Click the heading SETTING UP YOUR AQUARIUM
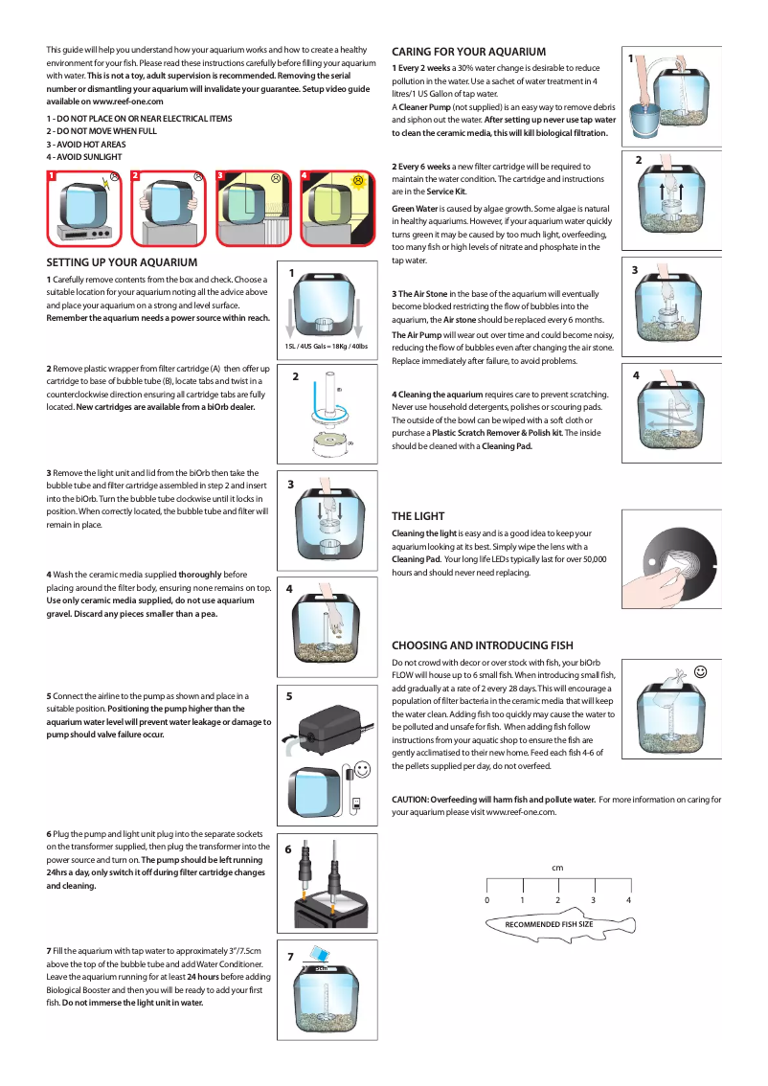[122, 261]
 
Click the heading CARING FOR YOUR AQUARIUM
[468, 52]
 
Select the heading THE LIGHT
[418, 515]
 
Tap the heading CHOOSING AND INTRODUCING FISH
[483, 645]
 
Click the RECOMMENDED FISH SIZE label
[549, 924]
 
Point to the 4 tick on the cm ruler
[628, 900]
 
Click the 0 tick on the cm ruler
[486, 900]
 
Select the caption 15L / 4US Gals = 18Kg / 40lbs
[326, 346]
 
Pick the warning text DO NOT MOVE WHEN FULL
[105, 131]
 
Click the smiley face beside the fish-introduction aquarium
[701, 672]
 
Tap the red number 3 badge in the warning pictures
[219, 176]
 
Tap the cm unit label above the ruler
[557, 868]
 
